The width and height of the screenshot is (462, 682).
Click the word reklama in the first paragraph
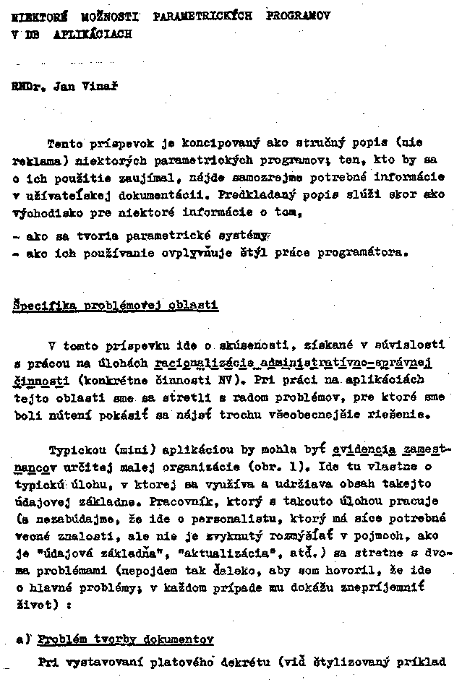tap(33, 158)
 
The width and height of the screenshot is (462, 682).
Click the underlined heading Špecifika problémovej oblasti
tap(115, 305)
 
